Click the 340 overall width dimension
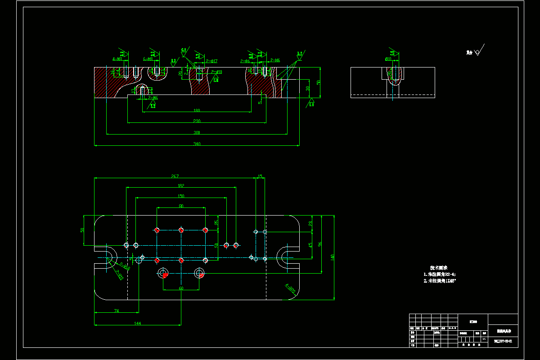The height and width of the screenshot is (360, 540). pyautogui.click(x=197, y=144)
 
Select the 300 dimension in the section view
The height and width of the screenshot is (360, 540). pyautogui.click(x=196, y=132)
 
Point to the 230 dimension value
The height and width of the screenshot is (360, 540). pyautogui.click(x=196, y=121)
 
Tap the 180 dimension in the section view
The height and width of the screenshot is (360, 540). pyautogui.click(x=196, y=110)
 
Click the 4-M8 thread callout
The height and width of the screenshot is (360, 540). pyautogui.click(x=117, y=59)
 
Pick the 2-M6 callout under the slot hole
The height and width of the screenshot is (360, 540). pyautogui.click(x=153, y=97)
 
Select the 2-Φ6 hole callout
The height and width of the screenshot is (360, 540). pyautogui.click(x=245, y=61)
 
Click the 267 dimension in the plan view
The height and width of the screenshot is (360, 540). pyautogui.click(x=175, y=176)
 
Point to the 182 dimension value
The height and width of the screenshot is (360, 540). pyautogui.click(x=181, y=185)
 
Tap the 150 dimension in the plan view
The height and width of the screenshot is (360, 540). pyautogui.click(x=180, y=196)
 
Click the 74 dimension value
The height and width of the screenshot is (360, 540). pyautogui.click(x=116, y=311)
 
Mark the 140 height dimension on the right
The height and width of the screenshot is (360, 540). pyautogui.click(x=332, y=257)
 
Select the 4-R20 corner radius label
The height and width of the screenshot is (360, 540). pyautogui.click(x=291, y=288)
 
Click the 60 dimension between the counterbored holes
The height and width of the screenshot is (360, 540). pyautogui.click(x=181, y=288)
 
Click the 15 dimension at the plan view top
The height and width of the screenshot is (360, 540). pyautogui.click(x=260, y=176)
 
